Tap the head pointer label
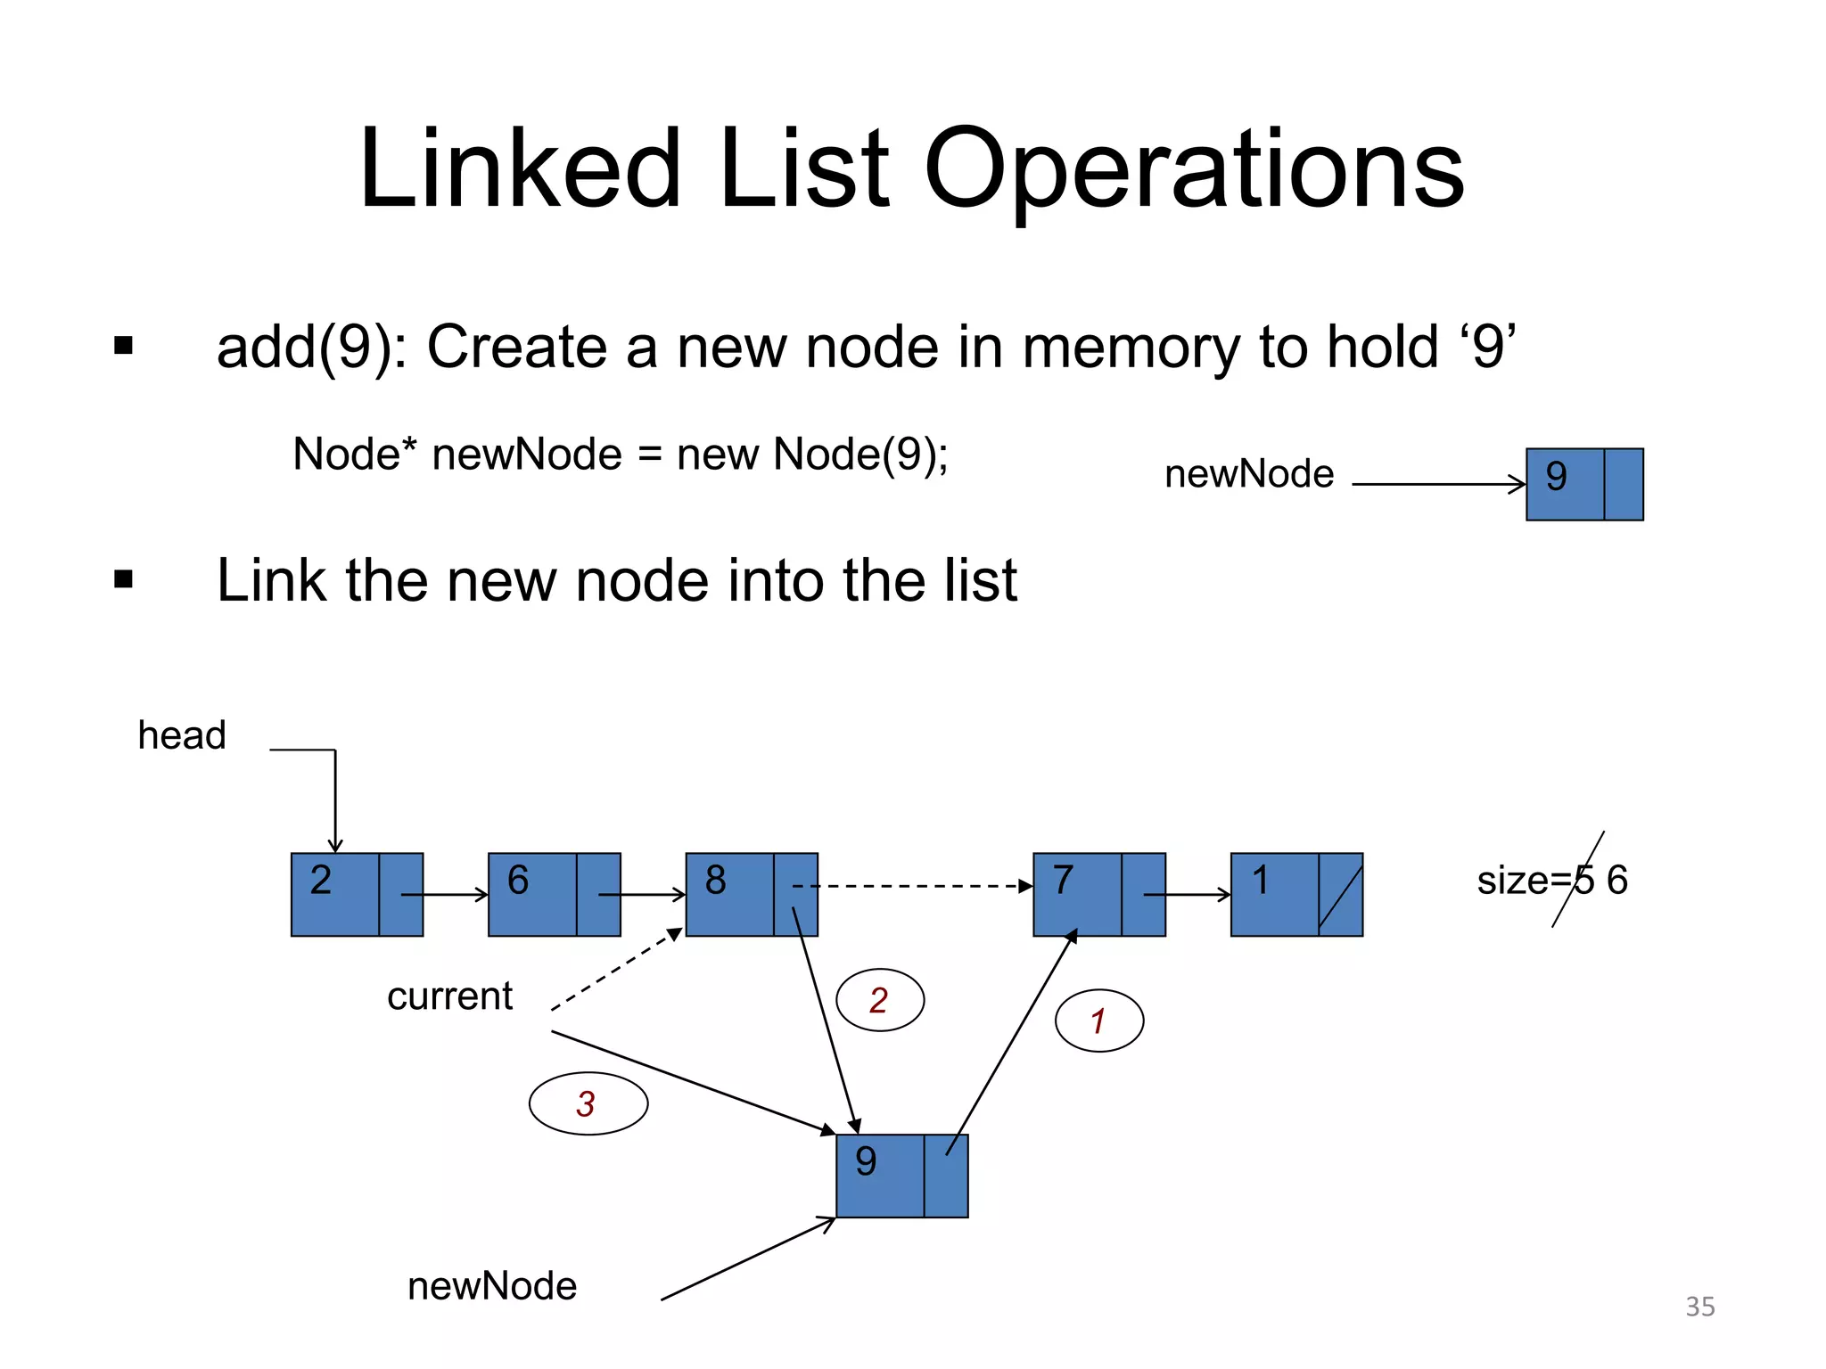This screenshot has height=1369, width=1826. pos(182,735)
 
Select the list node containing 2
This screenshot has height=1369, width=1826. pos(357,894)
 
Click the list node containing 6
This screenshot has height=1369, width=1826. pos(554,894)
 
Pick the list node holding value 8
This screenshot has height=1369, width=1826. pos(751,894)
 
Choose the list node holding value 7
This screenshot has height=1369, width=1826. pos(1098,894)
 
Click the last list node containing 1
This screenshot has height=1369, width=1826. pos(1295,894)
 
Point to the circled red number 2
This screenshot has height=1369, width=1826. pos(879,1000)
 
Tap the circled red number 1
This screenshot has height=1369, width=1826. pos(1098,1021)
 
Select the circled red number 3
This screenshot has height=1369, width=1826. pos(588,1103)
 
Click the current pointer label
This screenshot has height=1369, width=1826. pos(449,996)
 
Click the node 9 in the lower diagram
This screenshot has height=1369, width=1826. pos(901,1176)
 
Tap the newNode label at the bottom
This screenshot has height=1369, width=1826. pos(492,1286)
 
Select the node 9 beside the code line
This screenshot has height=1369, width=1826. pos(1583,484)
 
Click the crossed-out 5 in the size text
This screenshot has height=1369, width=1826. pos(1583,881)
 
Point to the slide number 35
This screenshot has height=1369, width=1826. pos(1699,1306)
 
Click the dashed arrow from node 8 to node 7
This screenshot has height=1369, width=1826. pos(918,886)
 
